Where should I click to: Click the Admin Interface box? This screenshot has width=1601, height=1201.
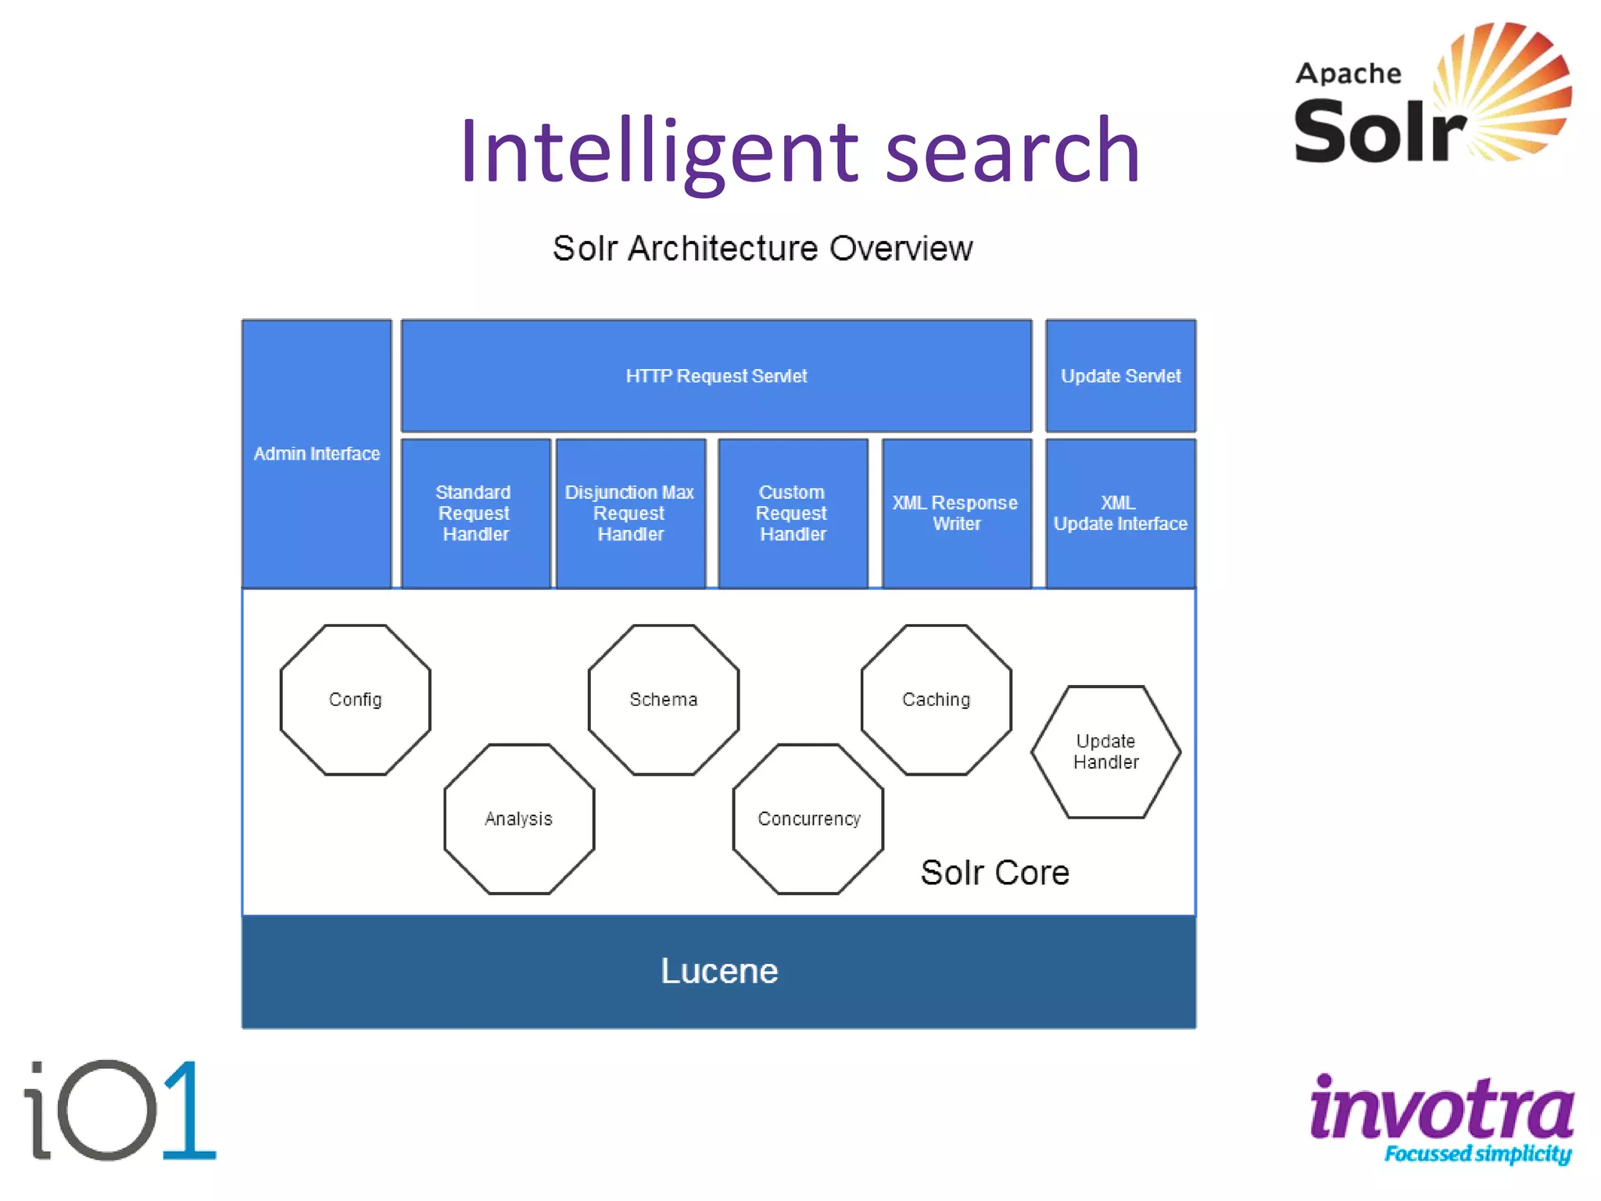[x=317, y=454]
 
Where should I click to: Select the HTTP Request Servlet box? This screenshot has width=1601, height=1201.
[x=716, y=376]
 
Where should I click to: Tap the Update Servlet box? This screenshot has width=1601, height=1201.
[x=1120, y=376]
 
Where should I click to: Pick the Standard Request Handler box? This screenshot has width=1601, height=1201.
[x=475, y=513]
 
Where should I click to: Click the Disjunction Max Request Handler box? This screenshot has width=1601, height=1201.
[x=630, y=513]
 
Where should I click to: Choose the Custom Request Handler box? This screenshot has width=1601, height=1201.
[x=793, y=513]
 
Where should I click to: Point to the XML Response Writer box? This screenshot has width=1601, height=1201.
[x=956, y=513]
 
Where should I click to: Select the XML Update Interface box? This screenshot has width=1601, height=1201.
[x=1120, y=513]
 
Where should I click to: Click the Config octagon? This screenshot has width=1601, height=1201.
[x=355, y=700]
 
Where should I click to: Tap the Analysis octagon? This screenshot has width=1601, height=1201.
[x=519, y=819]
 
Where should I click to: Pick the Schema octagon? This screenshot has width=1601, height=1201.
[x=664, y=700]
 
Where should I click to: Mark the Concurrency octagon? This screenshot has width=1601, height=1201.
[x=808, y=819]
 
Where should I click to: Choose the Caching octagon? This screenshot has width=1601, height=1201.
[x=936, y=700]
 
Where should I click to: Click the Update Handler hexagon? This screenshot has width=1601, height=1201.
[x=1105, y=751]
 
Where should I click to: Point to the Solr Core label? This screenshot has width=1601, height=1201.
[x=994, y=873]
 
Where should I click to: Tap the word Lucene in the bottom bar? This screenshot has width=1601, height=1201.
[x=719, y=971]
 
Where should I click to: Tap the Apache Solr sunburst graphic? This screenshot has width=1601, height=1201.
[x=1505, y=90]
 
